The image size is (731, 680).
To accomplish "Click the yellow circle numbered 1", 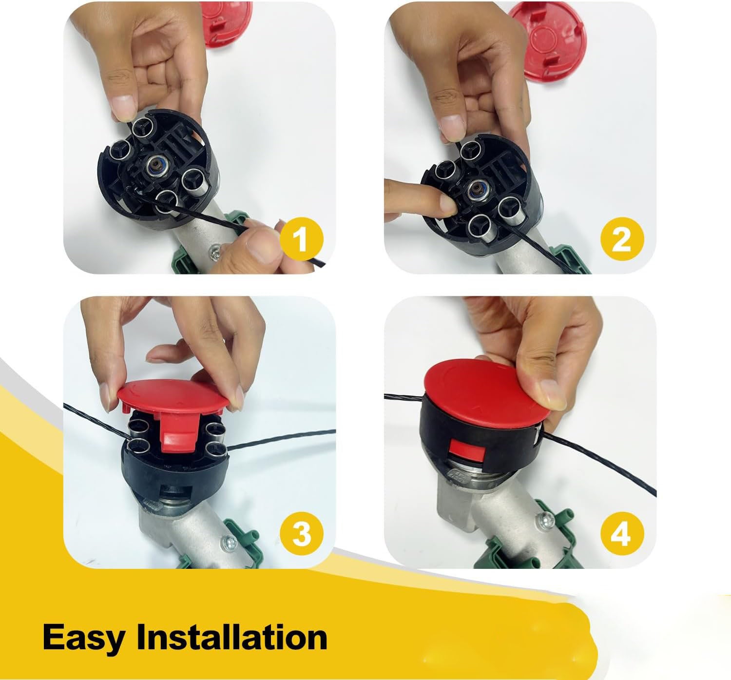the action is pyautogui.click(x=302, y=239).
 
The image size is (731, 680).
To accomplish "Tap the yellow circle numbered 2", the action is pyautogui.click(x=622, y=239).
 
